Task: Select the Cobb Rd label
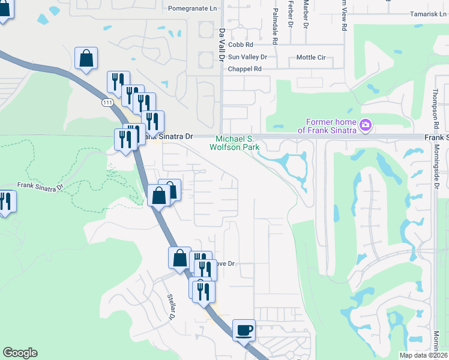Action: pos(240,44)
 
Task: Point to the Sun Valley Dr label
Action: pos(247,57)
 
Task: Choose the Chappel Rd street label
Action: pos(245,69)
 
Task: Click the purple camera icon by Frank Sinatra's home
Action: pos(366,125)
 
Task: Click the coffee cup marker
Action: pos(244,329)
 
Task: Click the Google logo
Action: pos(20,353)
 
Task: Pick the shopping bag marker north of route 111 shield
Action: pos(86,58)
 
